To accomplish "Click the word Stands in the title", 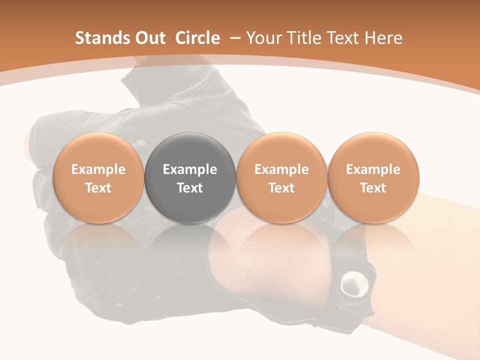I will click(x=101, y=38).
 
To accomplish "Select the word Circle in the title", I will click(x=197, y=38).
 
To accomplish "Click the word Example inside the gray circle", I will click(x=190, y=169).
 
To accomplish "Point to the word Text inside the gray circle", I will click(x=190, y=188).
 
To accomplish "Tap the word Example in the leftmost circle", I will click(x=98, y=169).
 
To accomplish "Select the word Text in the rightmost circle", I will click(x=373, y=188).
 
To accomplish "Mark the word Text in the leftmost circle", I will click(x=98, y=188).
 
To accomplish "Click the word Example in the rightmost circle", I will click(x=373, y=169).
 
